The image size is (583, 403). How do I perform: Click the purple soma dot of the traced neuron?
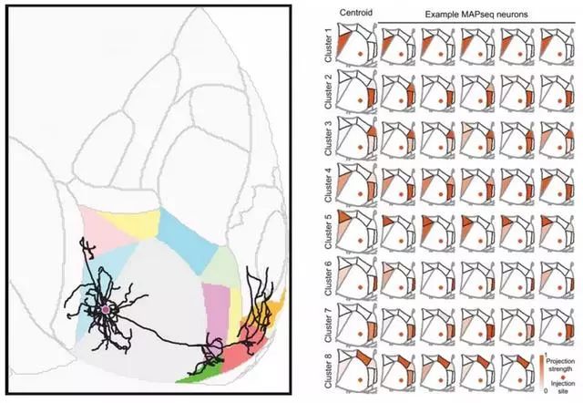click(x=106, y=309)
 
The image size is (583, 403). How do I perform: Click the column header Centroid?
click(x=356, y=12)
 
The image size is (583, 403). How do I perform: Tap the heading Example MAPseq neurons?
click(x=476, y=15)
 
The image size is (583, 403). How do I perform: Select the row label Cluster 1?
click(x=328, y=45)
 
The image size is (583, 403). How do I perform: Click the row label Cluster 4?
click(x=328, y=185)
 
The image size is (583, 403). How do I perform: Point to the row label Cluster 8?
click(x=328, y=371)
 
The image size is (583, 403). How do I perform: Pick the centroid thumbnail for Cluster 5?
click(x=357, y=232)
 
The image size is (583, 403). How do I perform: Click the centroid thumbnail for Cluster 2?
click(x=357, y=91)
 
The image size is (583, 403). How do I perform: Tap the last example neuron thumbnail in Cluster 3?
click(x=557, y=139)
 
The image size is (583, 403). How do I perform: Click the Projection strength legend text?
click(x=559, y=365)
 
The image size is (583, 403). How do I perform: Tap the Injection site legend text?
click(x=563, y=387)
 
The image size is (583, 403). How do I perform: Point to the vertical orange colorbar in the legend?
click(x=542, y=372)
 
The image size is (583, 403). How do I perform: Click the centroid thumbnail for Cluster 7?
click(x=357, y=325)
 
